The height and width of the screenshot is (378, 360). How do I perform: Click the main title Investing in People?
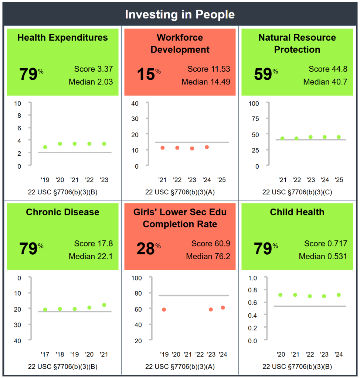180,14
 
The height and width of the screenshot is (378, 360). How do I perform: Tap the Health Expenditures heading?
62,37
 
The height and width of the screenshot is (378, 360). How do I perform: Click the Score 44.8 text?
328,69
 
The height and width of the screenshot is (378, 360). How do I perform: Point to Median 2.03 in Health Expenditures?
91,82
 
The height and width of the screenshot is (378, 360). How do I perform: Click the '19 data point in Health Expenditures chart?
45,147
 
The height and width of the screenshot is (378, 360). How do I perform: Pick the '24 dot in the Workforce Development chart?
207,147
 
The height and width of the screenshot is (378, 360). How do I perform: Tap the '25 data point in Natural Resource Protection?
339,137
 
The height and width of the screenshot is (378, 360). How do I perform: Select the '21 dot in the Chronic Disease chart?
104,305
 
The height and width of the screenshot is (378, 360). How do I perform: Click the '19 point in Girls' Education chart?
164,310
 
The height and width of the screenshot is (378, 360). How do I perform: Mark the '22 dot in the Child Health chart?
310,296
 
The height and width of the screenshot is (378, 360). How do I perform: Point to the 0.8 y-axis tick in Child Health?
263,290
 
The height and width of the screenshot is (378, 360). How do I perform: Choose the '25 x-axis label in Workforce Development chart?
221,180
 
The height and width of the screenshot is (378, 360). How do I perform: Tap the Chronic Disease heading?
62,212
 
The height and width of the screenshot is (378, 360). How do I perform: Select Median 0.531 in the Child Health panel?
323,256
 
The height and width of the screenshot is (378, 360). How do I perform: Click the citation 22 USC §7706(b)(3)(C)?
297,192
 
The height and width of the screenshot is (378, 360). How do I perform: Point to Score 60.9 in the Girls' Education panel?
211,244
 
